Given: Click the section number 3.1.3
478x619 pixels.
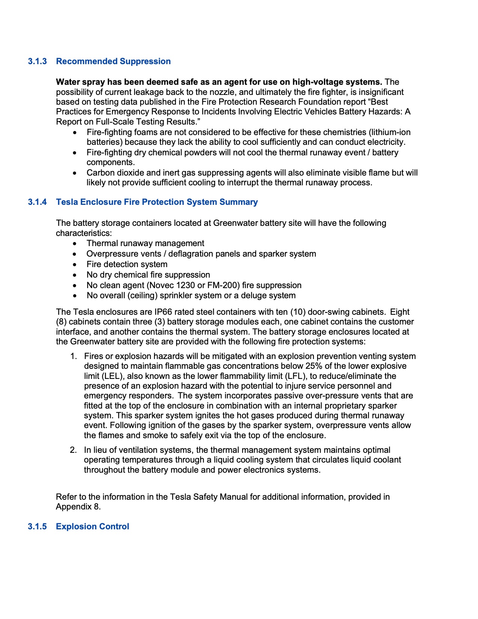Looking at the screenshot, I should point(37,61).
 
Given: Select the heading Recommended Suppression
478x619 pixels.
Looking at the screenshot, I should point(113,61).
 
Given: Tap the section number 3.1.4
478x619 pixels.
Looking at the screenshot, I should point(37,202).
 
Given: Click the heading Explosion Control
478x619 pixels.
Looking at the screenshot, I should point(92,526).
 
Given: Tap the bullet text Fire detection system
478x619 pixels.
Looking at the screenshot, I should point(127,264).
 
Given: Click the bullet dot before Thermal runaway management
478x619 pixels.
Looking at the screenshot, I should point(75,243).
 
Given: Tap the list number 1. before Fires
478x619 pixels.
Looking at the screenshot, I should point(73,356).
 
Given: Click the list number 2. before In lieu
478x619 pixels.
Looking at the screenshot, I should point(73,450).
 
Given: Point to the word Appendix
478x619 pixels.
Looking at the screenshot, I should point(74,506).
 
